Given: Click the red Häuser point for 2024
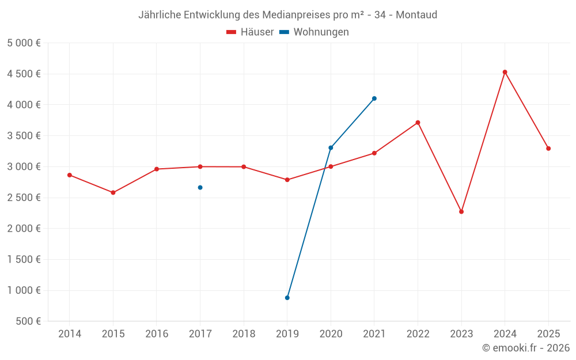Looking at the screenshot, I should point(505,72).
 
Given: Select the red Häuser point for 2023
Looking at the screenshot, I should point(461,211).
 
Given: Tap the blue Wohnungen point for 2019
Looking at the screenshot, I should point(287,298).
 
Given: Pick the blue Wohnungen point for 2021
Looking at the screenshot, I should point(374,98).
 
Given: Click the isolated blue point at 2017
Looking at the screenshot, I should point(200,187).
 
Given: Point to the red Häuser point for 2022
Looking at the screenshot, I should point(418,123).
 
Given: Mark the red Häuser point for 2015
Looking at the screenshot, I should point(113,192).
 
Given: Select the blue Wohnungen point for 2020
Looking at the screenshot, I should point(331,147).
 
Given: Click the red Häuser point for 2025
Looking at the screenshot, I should point(548,149).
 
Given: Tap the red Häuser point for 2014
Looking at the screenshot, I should point(70,175).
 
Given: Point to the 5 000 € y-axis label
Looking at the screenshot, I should point(24,43).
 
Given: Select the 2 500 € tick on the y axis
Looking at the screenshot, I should point(24,198).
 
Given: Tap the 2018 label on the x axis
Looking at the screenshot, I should point(244,334).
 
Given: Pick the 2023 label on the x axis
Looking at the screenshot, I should point(461,334).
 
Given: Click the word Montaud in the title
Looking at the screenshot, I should point(416,14).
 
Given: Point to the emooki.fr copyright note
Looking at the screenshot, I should point(525,348).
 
